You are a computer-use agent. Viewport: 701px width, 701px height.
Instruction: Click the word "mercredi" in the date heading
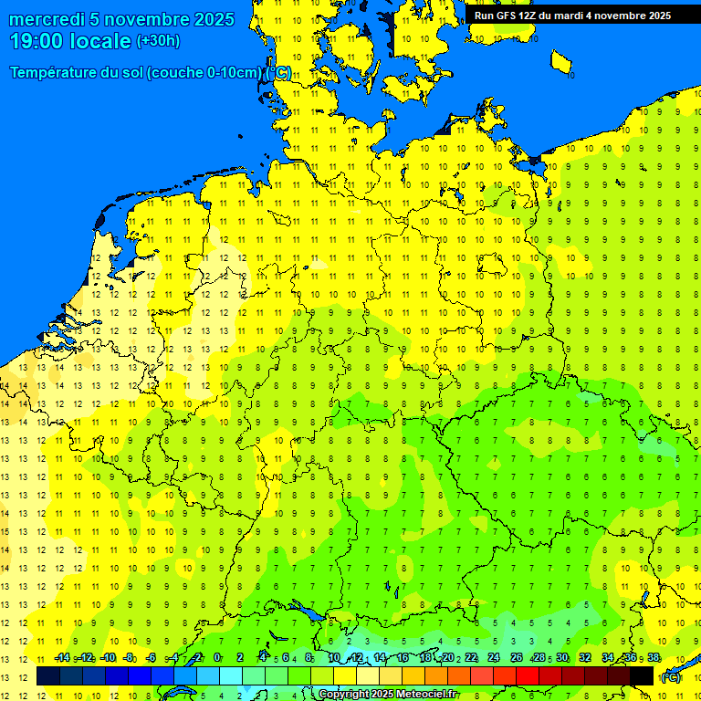[47, 19]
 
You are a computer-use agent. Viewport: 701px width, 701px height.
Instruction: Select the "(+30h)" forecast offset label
[158, 41]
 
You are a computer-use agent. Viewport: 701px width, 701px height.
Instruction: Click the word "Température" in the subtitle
[53, 73]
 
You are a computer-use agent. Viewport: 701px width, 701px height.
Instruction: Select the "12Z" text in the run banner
[532, 16]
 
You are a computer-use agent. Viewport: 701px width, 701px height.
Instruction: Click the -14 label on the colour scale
[61, 657]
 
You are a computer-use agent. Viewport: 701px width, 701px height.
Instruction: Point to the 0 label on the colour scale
[217, 657]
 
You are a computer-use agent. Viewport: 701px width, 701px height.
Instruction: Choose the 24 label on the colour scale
[493, 657]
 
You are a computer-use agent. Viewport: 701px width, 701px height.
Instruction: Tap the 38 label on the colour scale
[653, 657]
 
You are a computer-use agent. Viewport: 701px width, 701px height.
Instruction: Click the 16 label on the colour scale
[403, 657]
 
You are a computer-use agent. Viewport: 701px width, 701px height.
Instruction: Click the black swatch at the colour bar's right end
[642, 675]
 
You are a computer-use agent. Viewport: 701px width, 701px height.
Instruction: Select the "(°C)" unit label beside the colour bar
[670, 677]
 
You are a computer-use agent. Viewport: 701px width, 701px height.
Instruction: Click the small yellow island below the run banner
[562, 62]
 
